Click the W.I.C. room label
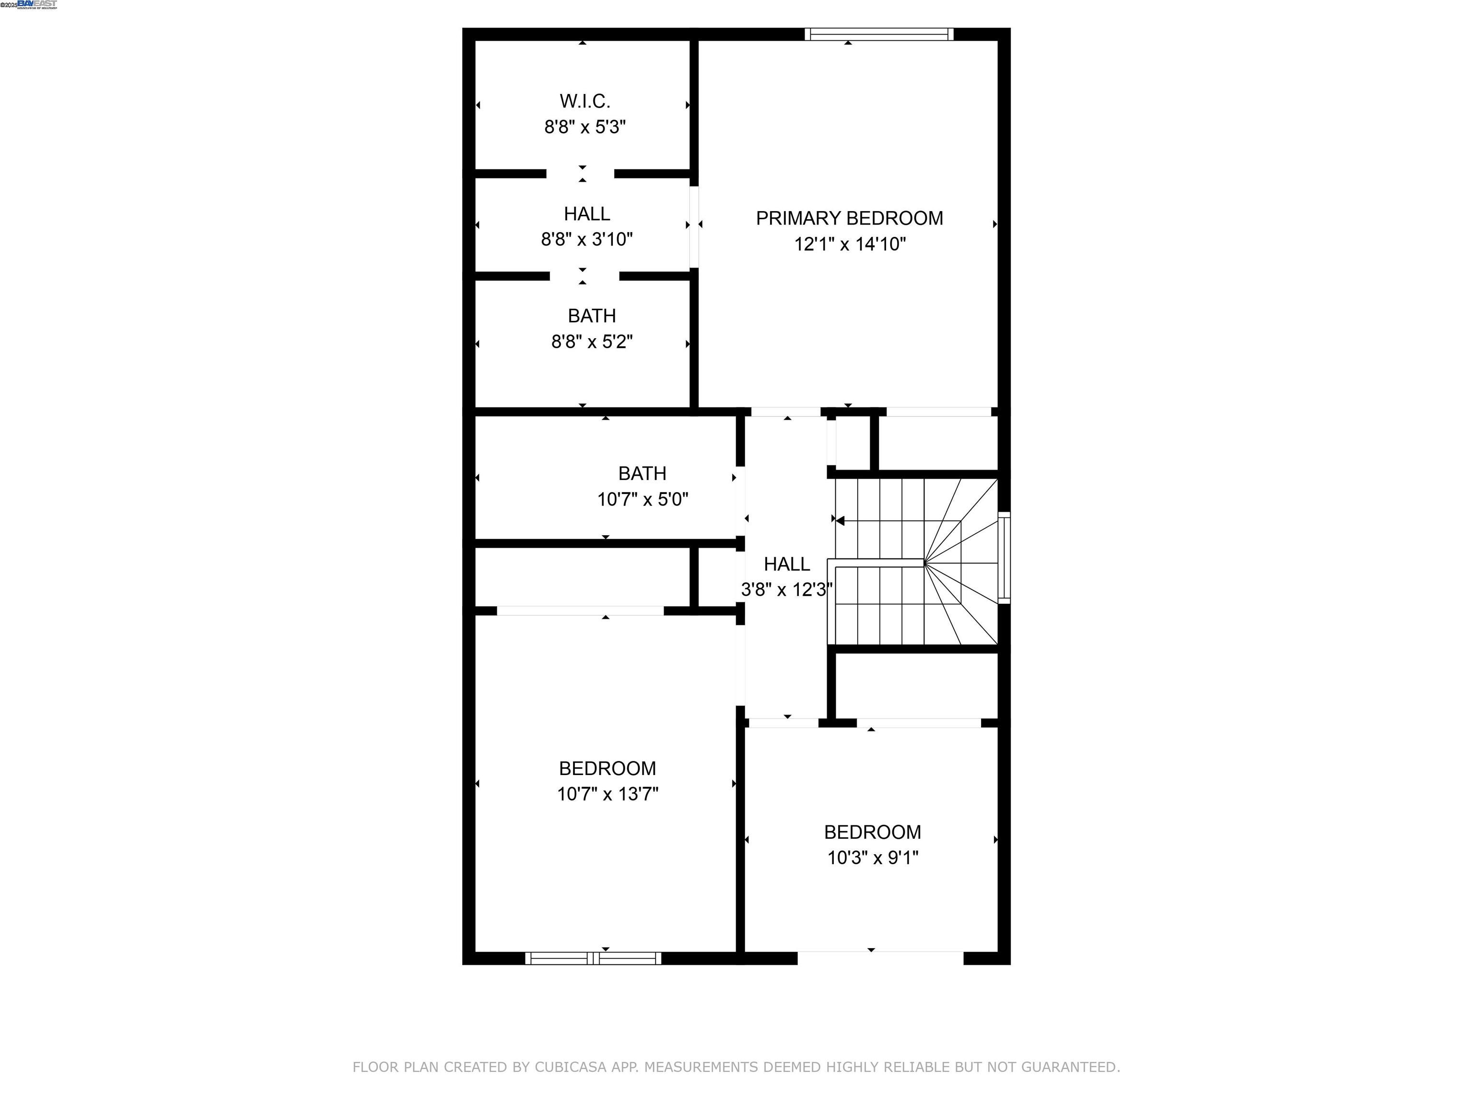coord(585,101)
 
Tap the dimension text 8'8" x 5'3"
coord(585,127)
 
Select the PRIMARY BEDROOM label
coord(849,219)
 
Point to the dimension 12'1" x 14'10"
coord(850,244)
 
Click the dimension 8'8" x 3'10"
coord(587,239)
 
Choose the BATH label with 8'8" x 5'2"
coord(591,316)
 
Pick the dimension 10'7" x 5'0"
coord(643,499)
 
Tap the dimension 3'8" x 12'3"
coord(786,589)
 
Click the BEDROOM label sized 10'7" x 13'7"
coord(608,769)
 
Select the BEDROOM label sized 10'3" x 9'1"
coord(872,832)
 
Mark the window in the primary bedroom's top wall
coord(879,34)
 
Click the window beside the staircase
coord(1004,557)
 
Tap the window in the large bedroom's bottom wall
coord(593,958)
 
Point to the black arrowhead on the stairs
coord(840,521)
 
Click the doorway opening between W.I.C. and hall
coord(581,174)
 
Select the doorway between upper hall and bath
coord(584,276)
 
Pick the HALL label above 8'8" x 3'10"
coord(587,214)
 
